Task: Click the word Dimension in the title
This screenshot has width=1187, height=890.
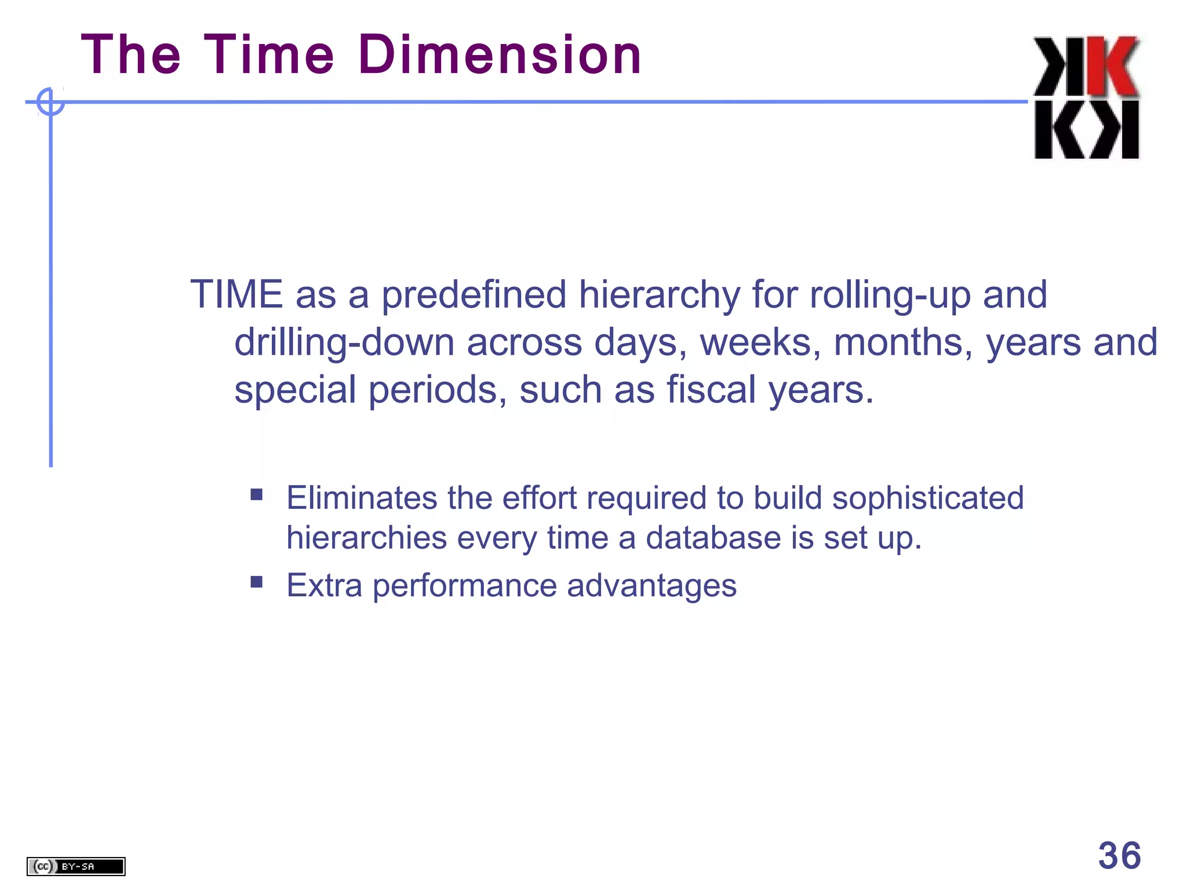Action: point(500,55)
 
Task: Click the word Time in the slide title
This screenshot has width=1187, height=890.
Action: point(269,55)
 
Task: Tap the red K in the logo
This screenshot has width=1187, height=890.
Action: point(1112,67)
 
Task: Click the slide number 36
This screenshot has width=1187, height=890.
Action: point(1119,855)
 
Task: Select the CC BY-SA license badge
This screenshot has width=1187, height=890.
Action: point(76,866)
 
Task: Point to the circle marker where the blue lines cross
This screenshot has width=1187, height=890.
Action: point(50,102)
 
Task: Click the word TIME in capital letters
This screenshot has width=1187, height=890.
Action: point(236,294)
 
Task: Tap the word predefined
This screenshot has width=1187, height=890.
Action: point(473,294)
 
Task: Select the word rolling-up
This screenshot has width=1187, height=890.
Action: point(890,294)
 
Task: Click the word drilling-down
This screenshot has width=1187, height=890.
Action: point(344,342)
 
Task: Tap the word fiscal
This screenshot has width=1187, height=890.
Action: point(711,389)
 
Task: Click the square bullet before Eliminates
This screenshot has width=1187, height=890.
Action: point(257,495)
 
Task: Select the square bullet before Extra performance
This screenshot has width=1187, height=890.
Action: point(257,582)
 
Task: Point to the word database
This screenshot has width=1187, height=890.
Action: point(713,538)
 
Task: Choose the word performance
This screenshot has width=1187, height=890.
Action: point(464,585)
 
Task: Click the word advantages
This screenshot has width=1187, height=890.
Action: point(651,585)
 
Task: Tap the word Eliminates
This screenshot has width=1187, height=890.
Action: point(362,498)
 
